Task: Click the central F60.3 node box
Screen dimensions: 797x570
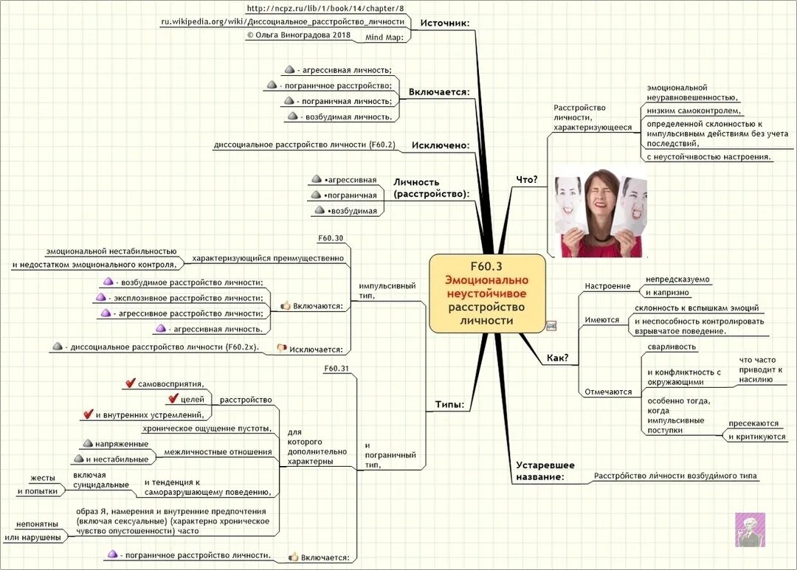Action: click(487, 293)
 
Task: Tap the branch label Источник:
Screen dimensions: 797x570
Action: click(444, 23)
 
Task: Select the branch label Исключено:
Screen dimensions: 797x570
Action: click(441, 145)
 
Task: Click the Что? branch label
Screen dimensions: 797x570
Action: click(526, 179)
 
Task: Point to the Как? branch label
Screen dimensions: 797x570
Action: click(557, 358)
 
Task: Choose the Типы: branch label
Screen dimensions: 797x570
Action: click(449, 405)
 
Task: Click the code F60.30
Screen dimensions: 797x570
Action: click(330, 238)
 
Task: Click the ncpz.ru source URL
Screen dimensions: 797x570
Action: click(325, 8)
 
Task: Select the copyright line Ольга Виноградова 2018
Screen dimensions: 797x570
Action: click(300, 35)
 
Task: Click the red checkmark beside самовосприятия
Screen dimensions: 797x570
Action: click(131, 383)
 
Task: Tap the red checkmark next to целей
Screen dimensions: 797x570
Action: click(174, 399)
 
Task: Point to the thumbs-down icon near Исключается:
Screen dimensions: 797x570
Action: click(280, 347)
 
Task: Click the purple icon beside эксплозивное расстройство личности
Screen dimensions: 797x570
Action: click(101, 297)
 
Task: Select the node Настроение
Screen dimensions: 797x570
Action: click(607, 286)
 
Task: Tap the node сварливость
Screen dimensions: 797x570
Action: click(672, 347)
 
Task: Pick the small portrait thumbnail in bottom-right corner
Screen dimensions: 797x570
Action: click(750, 529)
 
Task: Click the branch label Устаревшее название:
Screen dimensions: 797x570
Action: click(545, 471)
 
